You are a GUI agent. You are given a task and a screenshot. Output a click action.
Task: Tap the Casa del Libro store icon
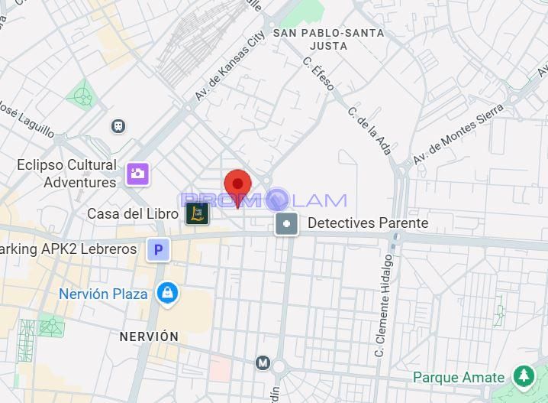click(197, 214)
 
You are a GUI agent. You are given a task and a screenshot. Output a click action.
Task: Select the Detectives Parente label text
click(368, 223)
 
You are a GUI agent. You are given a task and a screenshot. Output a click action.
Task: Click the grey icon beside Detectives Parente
click(287, 224)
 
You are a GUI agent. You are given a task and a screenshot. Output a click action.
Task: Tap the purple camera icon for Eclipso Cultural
click(138, 174)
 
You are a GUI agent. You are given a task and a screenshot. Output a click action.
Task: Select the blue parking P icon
click(159, 249)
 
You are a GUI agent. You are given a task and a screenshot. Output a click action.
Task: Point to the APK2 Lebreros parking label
click(69, 249)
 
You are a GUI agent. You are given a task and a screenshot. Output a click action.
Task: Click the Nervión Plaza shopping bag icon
click(166, 292)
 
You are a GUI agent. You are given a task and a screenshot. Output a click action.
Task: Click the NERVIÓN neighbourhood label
click(149, 336)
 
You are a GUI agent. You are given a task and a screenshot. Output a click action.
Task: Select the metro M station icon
click(263, 362)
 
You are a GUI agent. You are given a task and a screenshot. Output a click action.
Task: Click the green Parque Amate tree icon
click(524, 376)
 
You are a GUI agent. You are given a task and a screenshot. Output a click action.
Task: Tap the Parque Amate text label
click(459, 377)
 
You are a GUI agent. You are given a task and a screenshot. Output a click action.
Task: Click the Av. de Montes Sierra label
click(458, 135)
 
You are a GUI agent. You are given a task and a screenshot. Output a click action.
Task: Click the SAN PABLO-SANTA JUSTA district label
click(329, 39)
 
